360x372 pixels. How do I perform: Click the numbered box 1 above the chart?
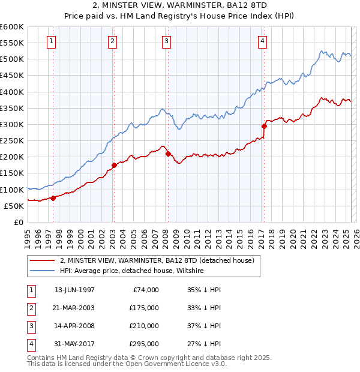52,41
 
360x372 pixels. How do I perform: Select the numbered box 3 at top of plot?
166,41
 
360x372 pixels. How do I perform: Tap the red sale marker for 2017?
263,126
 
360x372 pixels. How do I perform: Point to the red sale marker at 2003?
113,165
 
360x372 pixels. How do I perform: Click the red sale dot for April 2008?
167,154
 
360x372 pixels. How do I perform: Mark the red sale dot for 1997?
53,198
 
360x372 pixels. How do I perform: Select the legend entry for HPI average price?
132,271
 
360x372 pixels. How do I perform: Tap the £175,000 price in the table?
144,308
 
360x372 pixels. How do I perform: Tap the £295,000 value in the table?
144,344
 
